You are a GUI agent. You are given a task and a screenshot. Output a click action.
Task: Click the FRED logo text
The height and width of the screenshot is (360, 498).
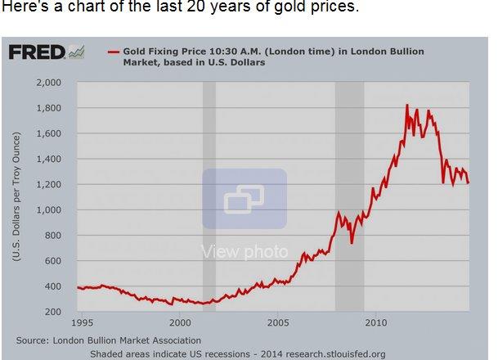pyautogui.click(x=36, y=52)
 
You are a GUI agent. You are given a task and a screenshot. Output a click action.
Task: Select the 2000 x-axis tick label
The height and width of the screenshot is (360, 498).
pyautogui.click(x=180, y=323)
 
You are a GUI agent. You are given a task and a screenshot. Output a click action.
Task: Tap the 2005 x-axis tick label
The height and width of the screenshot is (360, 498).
pyautogui.click(x=277, y=323)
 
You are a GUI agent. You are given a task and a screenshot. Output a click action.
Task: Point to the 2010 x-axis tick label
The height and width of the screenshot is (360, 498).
pyautogui.click(x=375, y=323)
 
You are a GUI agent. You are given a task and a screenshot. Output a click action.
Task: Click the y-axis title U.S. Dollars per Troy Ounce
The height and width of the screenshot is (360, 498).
pyautogui.click(x=16, y=197)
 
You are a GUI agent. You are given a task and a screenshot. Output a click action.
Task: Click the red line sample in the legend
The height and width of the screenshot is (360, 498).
pyautogui.click(x=114, y=52)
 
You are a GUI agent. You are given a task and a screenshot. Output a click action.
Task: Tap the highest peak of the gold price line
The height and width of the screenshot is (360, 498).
pyautogui.click(x=407, y=105)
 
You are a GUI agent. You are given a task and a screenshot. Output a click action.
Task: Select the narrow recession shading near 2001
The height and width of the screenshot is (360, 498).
pyautogui.click(x=209, y=196)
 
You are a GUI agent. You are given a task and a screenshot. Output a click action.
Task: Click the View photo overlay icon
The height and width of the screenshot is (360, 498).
pyautogui.click(x=245, y=198)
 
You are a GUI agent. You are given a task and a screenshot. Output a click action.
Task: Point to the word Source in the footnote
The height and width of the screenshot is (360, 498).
pyautogui.click(x=34, y=339)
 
